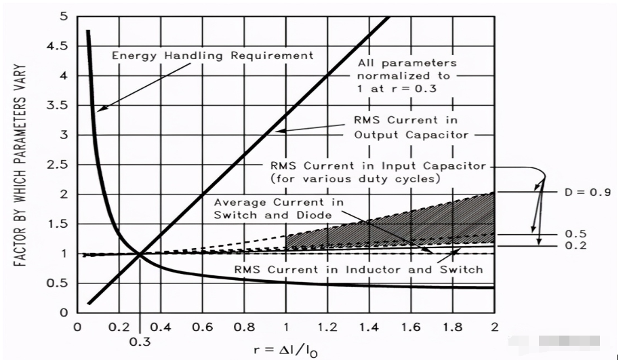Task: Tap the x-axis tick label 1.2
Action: click(x=327, y=327)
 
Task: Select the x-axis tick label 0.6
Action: click(x=202, y=327)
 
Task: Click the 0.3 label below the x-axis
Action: click(x=140, y=342)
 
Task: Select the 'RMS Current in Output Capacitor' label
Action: click(x=411, y=127)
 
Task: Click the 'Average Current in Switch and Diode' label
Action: click(x=279, y=209)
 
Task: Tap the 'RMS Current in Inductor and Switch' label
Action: click(x=359, y=269)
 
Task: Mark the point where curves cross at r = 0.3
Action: click(x=140, y=254)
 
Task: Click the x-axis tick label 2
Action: click(x=494, y=327)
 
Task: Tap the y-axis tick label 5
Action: click(x=63, y=16)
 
